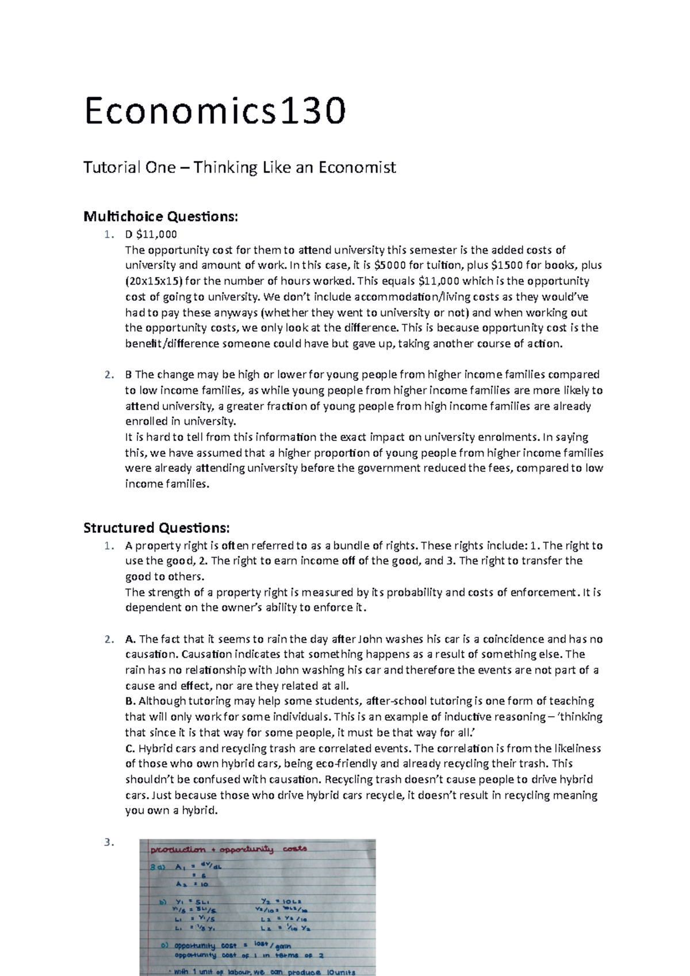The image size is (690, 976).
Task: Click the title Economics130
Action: (x=215, y=111)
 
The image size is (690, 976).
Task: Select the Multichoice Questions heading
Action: (x=160, y=217)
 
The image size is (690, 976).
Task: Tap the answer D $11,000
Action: (x=151, y=235)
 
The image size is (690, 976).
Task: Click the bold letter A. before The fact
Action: (x=130, y=639)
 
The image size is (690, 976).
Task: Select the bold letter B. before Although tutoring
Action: (x=130, y=701)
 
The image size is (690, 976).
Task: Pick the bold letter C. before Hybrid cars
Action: (x=130, y=748)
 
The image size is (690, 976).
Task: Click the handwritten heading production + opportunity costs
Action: (x=229, y=849)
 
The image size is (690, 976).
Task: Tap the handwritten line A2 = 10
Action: (x=192, y=884)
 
